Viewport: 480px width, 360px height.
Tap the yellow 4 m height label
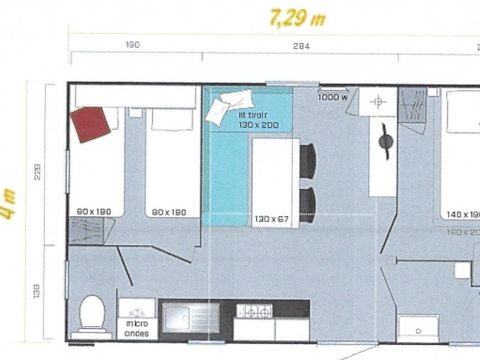[x=9, y=206]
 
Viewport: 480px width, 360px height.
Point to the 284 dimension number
[x=302, y=45]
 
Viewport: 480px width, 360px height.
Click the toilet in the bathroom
[x=93, y=314]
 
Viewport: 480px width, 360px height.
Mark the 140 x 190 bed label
[x=461, y=215]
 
